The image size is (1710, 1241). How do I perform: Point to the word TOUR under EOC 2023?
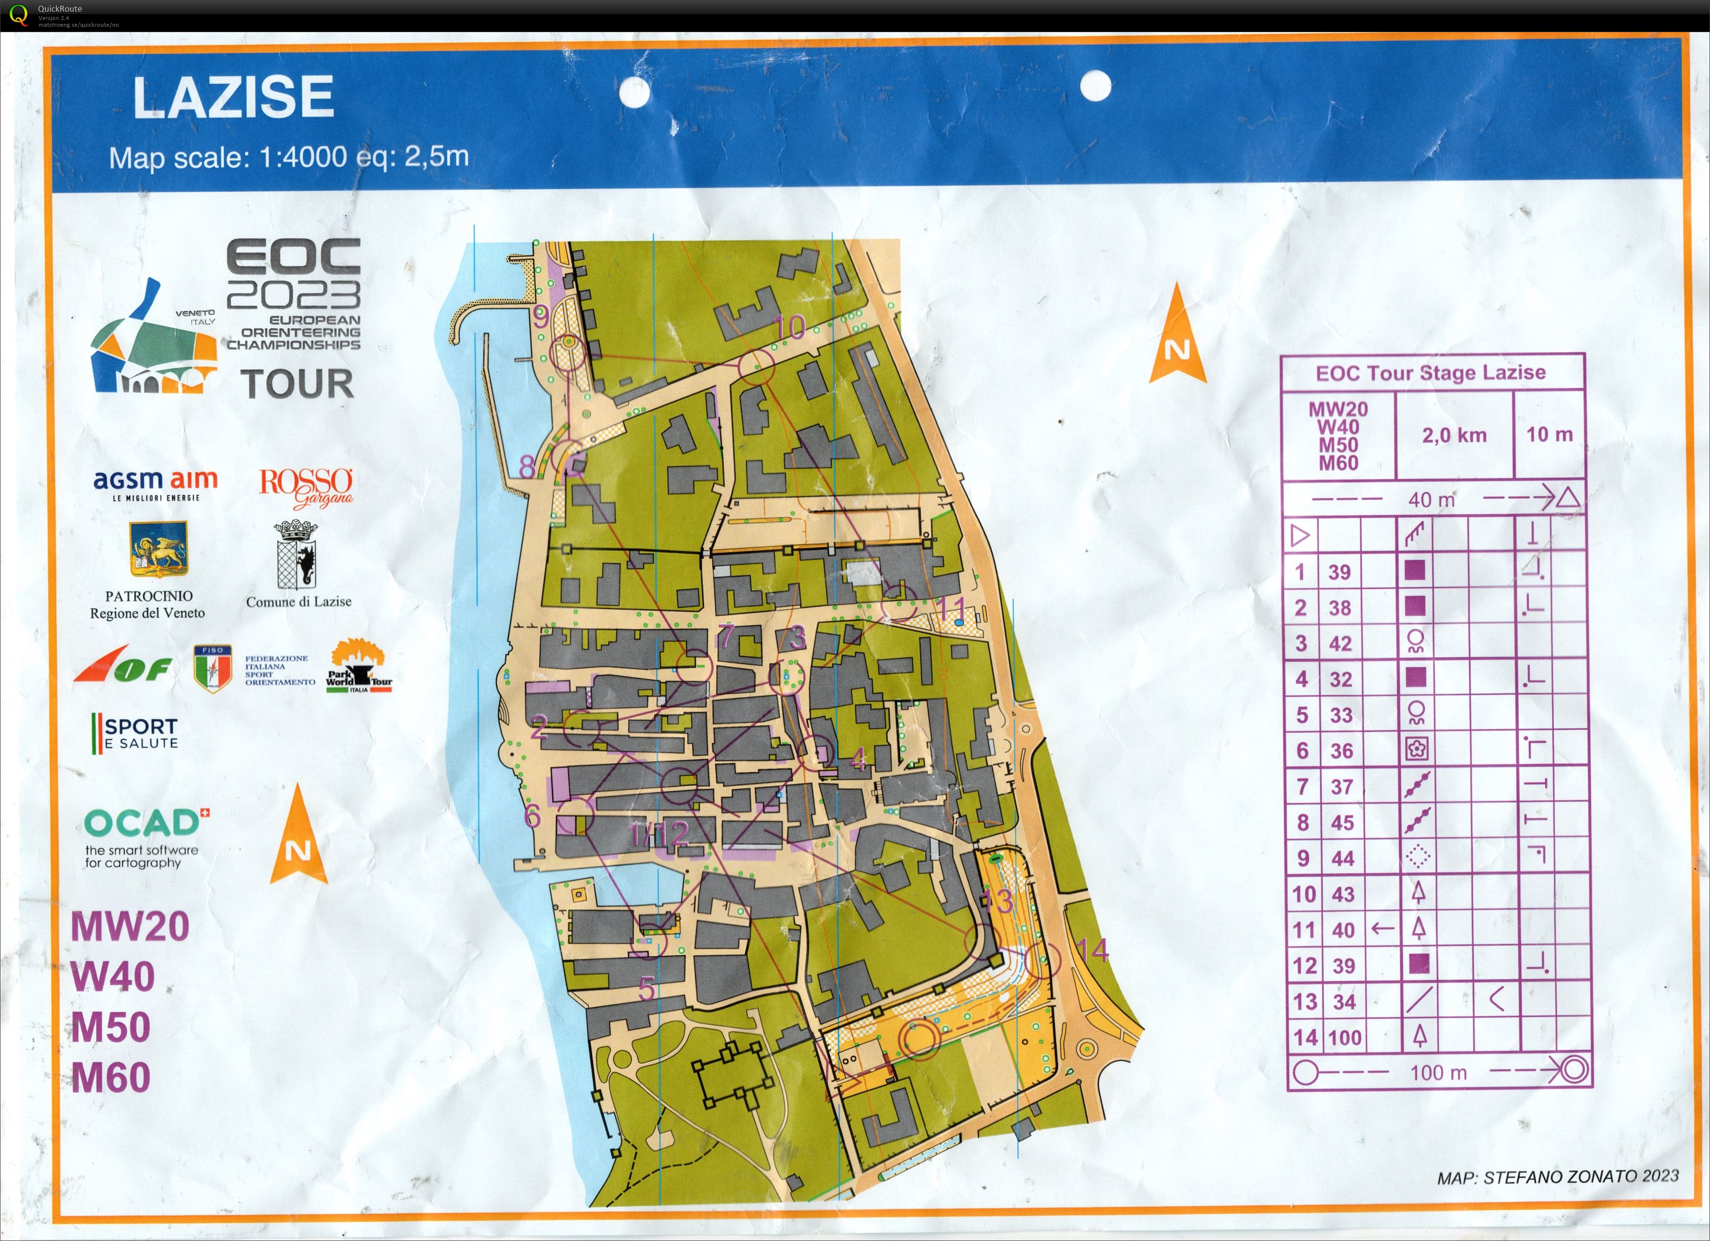[298, 384]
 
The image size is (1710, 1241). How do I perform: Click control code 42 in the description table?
[1340, 643]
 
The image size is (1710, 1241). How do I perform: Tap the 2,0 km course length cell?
[1454, 435]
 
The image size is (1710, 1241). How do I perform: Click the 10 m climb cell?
[1549, 434]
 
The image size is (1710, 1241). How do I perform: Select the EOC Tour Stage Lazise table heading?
[1430, 373]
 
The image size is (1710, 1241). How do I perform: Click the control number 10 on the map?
[790, 327]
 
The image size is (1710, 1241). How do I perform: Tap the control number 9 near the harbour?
[541, 318]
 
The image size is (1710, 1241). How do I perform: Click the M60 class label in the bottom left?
[112, 1077]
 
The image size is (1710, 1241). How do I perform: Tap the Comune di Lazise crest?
[296, 556]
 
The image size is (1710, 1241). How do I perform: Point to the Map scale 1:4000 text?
[289, 158]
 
